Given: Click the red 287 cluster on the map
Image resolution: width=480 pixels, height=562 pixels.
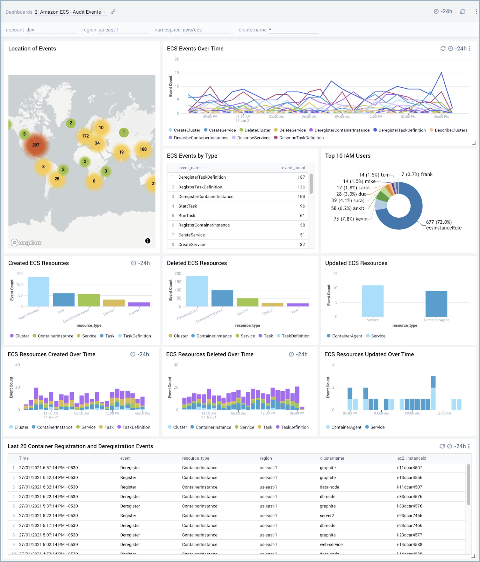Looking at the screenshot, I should tap(35, 145).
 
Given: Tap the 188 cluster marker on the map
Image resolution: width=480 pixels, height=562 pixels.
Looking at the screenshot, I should tap(143, 149).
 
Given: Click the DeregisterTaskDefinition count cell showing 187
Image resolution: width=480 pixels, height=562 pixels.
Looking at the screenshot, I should tap(301, 177).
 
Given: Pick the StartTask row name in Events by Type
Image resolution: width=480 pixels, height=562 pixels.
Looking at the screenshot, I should tap(188, 206).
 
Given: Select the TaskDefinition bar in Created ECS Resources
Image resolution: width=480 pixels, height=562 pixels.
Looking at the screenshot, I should tap(38, 292).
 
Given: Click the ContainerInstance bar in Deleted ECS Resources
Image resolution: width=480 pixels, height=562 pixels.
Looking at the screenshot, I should tap(222, 298).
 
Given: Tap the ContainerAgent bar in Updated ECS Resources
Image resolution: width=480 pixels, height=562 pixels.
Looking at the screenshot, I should tap(436, 304).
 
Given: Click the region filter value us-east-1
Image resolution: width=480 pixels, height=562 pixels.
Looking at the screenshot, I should tap(109, 30).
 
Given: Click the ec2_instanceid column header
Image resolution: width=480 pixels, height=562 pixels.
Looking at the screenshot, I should tap(412, 458).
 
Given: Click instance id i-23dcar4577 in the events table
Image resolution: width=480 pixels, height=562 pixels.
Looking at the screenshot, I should tap(409, 535).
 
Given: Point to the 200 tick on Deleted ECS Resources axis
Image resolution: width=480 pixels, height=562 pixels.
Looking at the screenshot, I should tap(178, 274).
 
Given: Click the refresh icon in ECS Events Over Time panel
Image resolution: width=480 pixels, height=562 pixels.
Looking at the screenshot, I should tap(443, 49).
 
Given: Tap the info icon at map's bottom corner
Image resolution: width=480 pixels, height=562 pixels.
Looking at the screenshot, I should tap(148, 241).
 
